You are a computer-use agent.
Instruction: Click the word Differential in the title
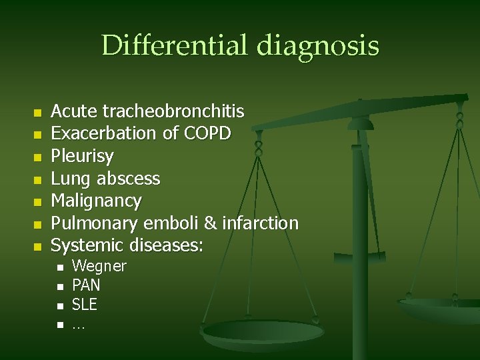tap(176, 46)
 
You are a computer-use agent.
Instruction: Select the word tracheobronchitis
tap(173, 111)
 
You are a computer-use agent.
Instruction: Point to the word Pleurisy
tap(82, 156)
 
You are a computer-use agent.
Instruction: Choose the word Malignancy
tap(97, 201)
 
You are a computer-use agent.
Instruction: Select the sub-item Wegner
tap(99, 267)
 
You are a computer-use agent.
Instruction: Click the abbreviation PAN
tap(86, 286)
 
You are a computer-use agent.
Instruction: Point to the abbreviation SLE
tap(85, 305)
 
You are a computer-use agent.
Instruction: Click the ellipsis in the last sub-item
tap(78, 325)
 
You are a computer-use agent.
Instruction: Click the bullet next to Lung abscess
tap(37, 179)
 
